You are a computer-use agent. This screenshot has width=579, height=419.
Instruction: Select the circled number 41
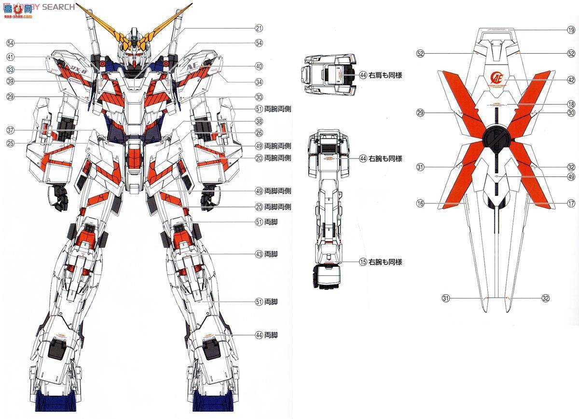[x=10, y=57]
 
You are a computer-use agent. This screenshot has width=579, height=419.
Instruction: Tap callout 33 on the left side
[x=10, y=70]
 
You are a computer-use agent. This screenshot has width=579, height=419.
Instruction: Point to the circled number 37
[x=10, y=130]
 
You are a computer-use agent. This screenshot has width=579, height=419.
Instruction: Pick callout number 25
[x=10, y=143]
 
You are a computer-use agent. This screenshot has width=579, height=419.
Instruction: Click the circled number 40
[x=259, y=66]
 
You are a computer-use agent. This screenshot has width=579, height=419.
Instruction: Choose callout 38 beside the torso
[x=259, y=121]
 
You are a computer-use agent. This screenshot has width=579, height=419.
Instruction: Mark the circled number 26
[x=259, y=133]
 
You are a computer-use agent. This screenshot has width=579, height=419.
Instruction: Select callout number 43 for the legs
[x=259, y=254]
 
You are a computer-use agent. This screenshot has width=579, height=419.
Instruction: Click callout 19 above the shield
[x=571, y=30]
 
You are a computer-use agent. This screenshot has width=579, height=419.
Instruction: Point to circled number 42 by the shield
[x=571, y=80]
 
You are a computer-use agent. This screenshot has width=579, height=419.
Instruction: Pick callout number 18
[x=571, y=104]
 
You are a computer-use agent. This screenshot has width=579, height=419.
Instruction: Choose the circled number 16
[x=420, y=204]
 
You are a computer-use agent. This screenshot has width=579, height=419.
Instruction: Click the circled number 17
[x=571, y=204]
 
